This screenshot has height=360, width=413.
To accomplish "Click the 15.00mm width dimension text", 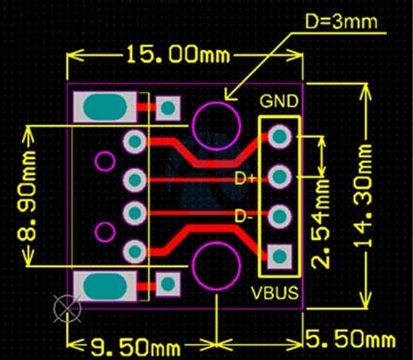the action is [178, 55].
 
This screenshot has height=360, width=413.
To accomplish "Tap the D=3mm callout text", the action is [341, 21].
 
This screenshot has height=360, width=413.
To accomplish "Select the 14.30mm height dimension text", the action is [363, 196].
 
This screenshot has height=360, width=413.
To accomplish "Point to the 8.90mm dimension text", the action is [26, 196].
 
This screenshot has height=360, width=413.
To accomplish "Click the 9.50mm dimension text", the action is [136, 347].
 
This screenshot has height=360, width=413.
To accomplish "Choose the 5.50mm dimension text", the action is [351, 339].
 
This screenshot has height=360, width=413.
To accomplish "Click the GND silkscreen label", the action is [279, 101].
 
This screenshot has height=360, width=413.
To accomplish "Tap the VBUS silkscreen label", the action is [274, 293].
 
